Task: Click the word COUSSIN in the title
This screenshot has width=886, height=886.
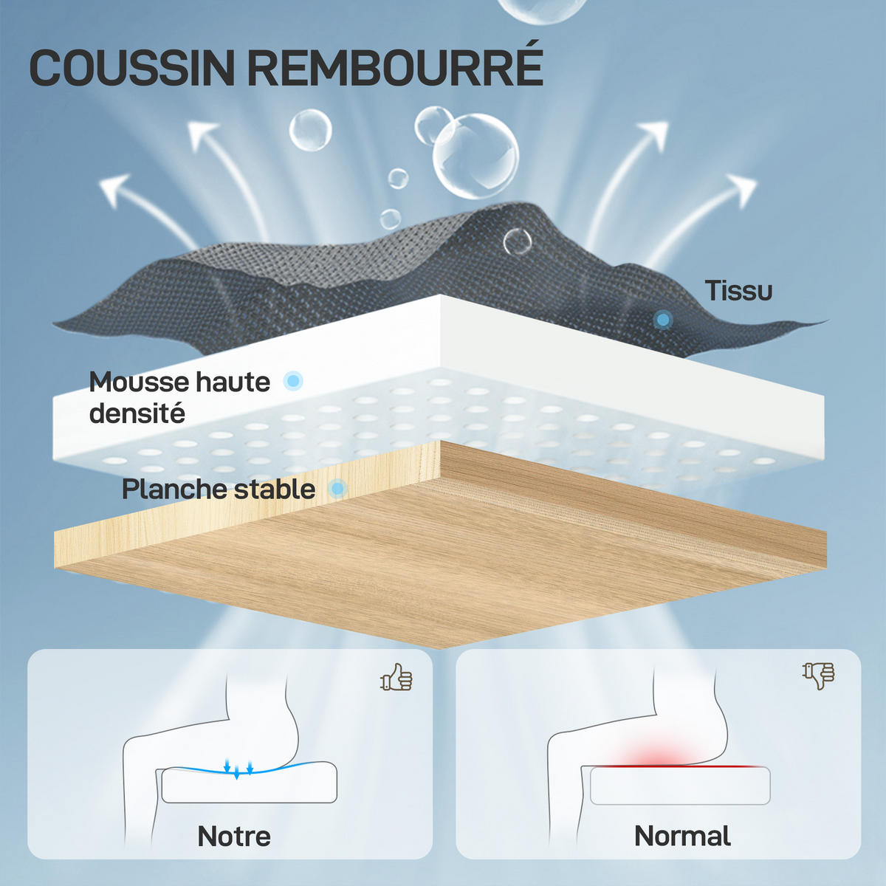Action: click(132, 68)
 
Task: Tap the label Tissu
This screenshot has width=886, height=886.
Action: click(738, 291)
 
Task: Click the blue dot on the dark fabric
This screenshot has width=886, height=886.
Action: click(662, 319)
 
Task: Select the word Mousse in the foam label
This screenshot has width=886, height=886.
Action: click(139, 382)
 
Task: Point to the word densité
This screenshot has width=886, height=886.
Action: click(137, 413)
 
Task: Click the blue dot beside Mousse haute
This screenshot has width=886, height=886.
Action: click(293, 381)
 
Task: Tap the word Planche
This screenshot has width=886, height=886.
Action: click(174, 490)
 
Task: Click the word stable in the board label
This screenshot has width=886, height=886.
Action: click(275, 490)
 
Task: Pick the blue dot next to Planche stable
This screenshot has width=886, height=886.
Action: click(338, 488)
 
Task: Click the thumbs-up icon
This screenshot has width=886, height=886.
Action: click(396, 677)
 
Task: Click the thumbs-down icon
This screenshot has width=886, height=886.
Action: click(818, 676)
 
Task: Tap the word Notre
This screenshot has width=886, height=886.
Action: click(234, 836)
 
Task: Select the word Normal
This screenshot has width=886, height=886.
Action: click(682, 835)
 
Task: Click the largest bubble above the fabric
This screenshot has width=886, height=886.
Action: click(475, 157)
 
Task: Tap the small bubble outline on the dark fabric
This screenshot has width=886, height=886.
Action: click(518, 241)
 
